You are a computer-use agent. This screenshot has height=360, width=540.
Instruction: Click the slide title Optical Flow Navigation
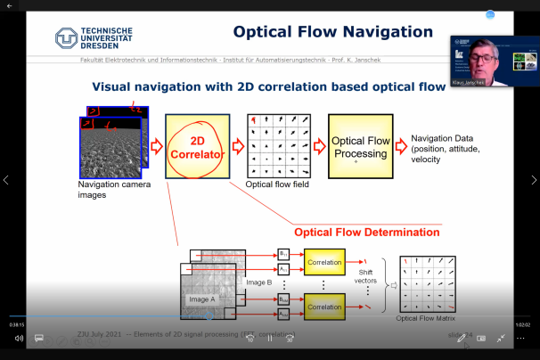[x=332, y=32]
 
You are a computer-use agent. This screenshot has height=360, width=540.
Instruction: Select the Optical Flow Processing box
[x=360, y=147]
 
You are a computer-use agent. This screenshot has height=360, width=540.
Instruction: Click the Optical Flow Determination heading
[x=367, y=232]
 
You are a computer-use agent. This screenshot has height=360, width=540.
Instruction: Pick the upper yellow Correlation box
[x=323, y=264]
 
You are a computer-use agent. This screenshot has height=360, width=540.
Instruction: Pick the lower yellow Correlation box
[x=323, y=306]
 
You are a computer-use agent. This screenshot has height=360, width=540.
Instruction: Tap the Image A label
[x=203, y=299]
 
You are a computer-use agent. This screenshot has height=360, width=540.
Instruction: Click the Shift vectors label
[x=365, y=276]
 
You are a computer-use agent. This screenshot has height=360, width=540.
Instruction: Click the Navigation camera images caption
[x=114, y=190]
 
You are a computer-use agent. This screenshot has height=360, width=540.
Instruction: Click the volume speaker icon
[x=19, y=338]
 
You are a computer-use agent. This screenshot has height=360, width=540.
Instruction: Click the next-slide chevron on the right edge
[x=533, y=180]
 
